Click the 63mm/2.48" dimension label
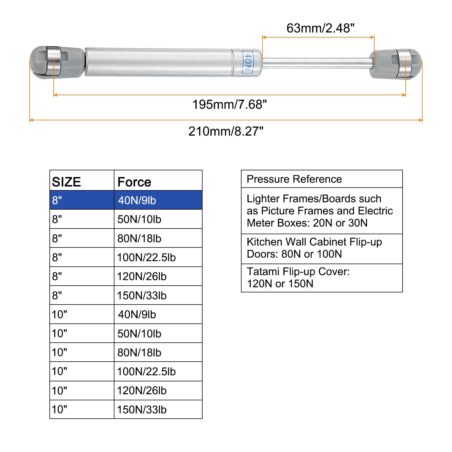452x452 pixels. pos(320,28)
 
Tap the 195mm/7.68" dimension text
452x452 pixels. pos(229,105)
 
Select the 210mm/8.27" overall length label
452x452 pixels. pos(226,131)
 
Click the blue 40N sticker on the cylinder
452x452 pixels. pos(247,62)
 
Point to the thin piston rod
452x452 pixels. pos(316,63)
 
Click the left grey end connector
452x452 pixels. pos(56,62)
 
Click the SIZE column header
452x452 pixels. pos(67,182)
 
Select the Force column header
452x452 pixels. pos(134,182)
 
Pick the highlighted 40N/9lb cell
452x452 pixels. pos(137,200)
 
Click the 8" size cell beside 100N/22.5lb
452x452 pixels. pos(57,257)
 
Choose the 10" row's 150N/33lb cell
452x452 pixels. pos(142,410)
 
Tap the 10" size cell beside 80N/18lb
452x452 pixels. pos(60,352)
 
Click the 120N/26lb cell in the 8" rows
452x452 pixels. pos(142,276)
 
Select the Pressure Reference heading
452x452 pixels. pos(294,179)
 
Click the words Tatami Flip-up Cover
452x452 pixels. pos(298,271)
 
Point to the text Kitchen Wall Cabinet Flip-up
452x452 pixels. pos(314,242)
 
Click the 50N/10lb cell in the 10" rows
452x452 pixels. pos(139,334)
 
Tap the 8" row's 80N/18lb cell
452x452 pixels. pos(139,238)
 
